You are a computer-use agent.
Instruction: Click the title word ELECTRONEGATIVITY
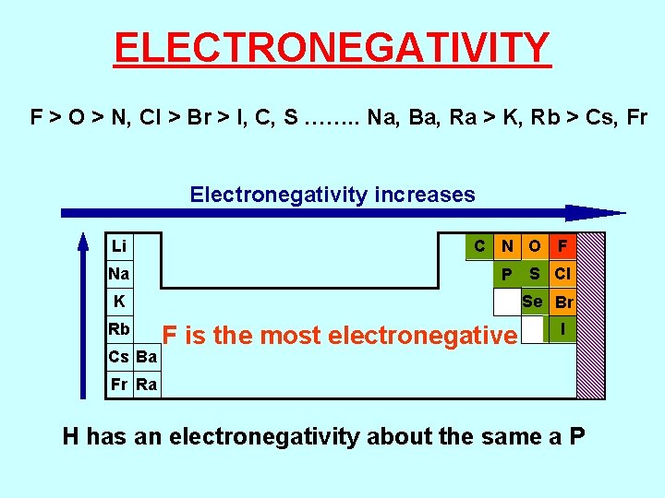pyautogui.click(x=332, y=47)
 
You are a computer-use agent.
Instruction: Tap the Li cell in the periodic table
pyautogui.click(x=119, y=246)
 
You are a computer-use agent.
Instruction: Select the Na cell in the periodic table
pyautogui.click(x=119, y=274)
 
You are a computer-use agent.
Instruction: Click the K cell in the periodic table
pyautogui.click(x=119, y=302)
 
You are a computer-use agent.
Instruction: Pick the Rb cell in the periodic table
pyautogui.click(x=119, y=329)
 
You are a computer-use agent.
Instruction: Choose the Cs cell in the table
pyautogui.click(x=119, y=357)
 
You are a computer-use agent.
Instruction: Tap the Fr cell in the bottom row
pyautogui.click(x=119, y=385)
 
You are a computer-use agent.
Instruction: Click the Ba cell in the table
pyautogui.click(x=147, y=357)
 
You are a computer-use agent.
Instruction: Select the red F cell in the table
pyautogui.click(x=562, y=246)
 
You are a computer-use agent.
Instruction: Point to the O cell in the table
pyautogui.click(x=534, y=246)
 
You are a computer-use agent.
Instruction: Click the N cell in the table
pyautogui.click(x=506, y=246)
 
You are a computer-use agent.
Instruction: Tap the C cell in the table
pyautogui.click(x=478, y=246)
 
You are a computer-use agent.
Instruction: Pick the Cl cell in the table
pyautogui.click(x=562, y=274)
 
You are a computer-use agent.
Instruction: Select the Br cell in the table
pyautogui.click(x=562, y=302)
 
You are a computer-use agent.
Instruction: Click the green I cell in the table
pyautogui.click(x=562, y=329)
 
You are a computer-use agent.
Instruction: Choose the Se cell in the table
pyautogui.click(x=533, y=302)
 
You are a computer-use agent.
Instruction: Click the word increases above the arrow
pyautogui.click(x=425, y=195)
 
